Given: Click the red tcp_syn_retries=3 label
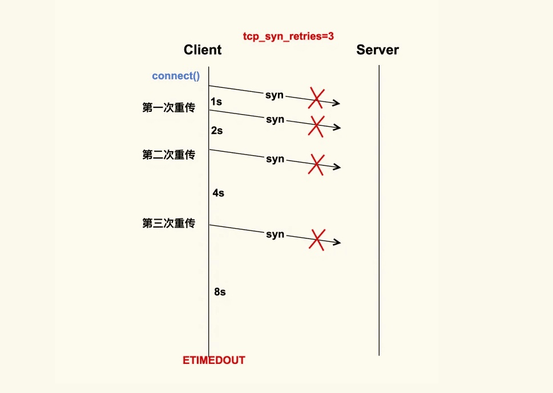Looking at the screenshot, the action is pyautogui.click(x=288, y=37).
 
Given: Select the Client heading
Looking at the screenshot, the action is pyautogui.click(x=203, y=50).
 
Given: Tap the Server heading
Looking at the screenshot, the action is pyautogui.click(x=377, y=50).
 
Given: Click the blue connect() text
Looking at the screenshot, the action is pyautogui.click(x=176, y=76).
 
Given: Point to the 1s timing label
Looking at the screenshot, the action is pyautogui.click(x=216, y=102).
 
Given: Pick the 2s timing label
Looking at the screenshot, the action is pyautogui.click(x=217, y=131).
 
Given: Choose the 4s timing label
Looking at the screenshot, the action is pyautogui.click(x=219, y=193).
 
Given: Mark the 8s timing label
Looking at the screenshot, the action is pyautogui.click(x=220, y=292).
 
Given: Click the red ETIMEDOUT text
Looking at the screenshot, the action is pyautogui.click(x=213, y=360).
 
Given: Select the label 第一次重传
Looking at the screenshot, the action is pyautogui.click(x=168, y=107).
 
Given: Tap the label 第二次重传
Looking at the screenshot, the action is pyautogui.click(x=168, y=155).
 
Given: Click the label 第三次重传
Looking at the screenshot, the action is pyautogui.click(x=168, y=223).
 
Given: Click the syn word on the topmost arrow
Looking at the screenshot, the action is pyautogui.click(x=275, y=95).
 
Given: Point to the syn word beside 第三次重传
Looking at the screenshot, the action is pyautogui.click(x=275, y=234).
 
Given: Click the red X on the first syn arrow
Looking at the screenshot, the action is pyautogui.click(x=316, y=98).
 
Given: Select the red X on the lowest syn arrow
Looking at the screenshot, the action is pyautogui.click(x=317, y=240).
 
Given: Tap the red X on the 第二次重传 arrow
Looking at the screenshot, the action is pyautogui.click(x=316, y=165).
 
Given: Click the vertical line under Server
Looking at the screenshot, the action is pyautogui.click(x=379, y=210).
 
